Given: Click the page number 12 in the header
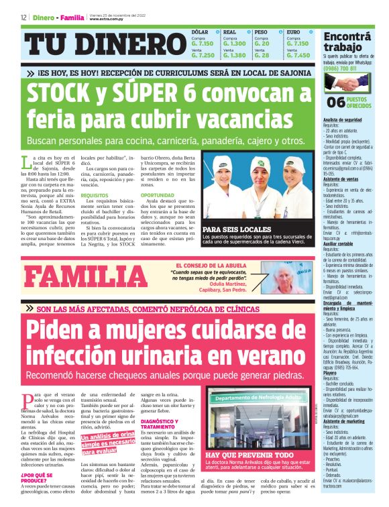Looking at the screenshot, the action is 23,17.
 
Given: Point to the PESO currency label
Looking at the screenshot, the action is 261,32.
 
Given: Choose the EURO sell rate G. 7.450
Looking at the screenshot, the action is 298,56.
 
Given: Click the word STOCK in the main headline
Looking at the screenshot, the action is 61,96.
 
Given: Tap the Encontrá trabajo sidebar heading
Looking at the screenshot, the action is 348,42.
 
